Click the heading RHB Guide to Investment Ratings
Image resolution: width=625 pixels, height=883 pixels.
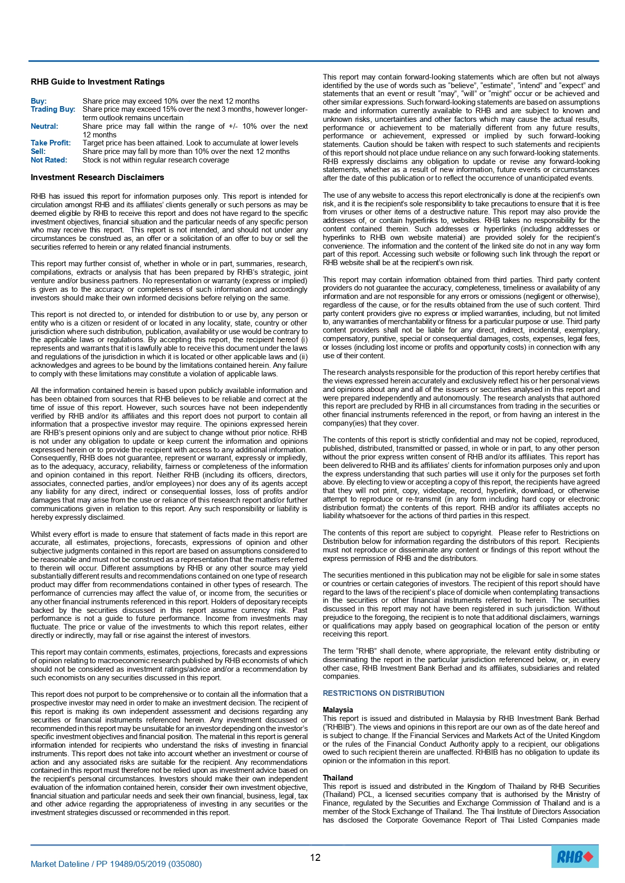pyautogui.click(x=97, y=82)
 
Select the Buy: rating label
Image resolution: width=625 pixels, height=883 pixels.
pyautogui.click(x=39, y=101)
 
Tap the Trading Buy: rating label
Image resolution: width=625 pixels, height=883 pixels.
pyautogui.click(x=53, y=109)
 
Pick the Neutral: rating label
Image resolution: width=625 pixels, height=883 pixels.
pyautogui.click(x=44, y=126)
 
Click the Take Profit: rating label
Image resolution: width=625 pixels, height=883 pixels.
pyautogui.click(x=50, y=143)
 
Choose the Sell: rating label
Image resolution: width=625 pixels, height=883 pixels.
pyautogui.click(x=38, y=151)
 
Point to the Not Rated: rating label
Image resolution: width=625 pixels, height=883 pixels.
pyautogui.click(x=49, y=160)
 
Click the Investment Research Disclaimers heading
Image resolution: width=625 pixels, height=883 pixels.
pyautogui.click(x=97, y=177)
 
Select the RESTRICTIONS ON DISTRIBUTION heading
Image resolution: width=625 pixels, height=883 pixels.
pyautogui.click(x=383, y=693)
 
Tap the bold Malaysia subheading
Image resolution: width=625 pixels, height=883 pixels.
pyautogui.click(x=338, y=710)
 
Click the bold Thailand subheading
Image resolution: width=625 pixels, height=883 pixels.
pyautogui.click(x=338, y=778)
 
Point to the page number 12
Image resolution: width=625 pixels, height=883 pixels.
pyautogui.click(x=315, y=858)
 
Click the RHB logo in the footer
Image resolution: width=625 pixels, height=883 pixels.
pyautogui.click(x=575, y=856)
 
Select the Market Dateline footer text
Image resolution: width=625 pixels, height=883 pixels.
pyautogui.click(x=116, y=864)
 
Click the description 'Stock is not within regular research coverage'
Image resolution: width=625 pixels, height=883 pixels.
pyautogui.click(x=156, y=160)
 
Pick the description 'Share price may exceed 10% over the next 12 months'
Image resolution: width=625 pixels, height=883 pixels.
pyautogui.click(x=171, y=101)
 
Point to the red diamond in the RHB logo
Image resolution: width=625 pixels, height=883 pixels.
pyautogui.click(x=588, y=856)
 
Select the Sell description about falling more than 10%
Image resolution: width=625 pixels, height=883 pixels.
pyautogui.click(x=186, y=151)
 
